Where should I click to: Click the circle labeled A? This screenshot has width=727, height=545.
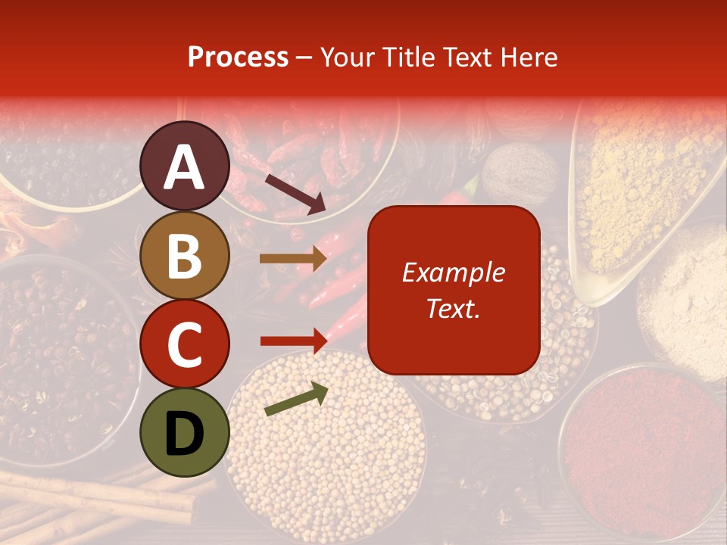point(185,166)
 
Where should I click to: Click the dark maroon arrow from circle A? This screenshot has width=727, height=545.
point(295,194)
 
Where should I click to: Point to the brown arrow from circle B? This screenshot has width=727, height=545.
point(292,259)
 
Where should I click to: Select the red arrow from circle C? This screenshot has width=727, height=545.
point(292,341)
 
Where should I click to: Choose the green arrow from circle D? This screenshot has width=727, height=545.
point(296,399)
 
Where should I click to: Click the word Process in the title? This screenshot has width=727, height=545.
point(238,57)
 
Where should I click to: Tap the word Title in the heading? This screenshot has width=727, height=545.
point(407,57)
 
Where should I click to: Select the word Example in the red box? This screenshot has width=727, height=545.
point(453,272)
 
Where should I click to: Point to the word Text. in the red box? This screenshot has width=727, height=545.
point(453,308)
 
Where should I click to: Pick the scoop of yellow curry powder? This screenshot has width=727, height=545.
point(644,189)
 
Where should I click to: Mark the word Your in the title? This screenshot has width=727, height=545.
point(345,57)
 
